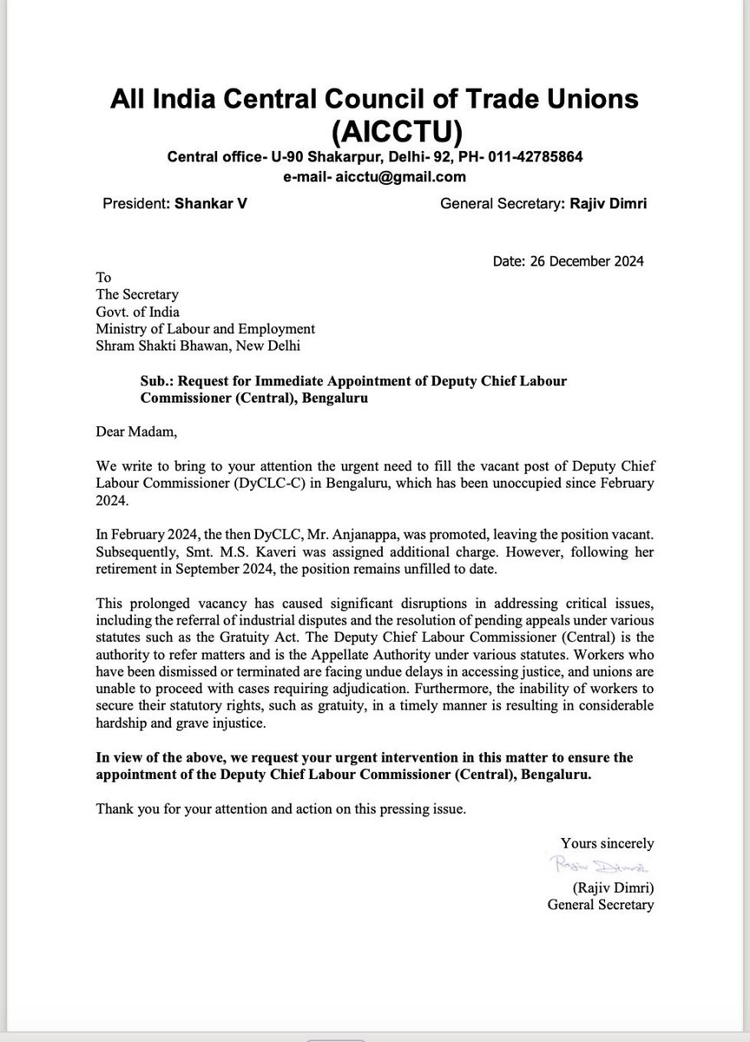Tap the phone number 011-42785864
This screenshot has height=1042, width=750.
528,157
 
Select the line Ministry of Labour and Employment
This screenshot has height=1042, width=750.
205,329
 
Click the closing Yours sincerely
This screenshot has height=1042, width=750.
607,843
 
